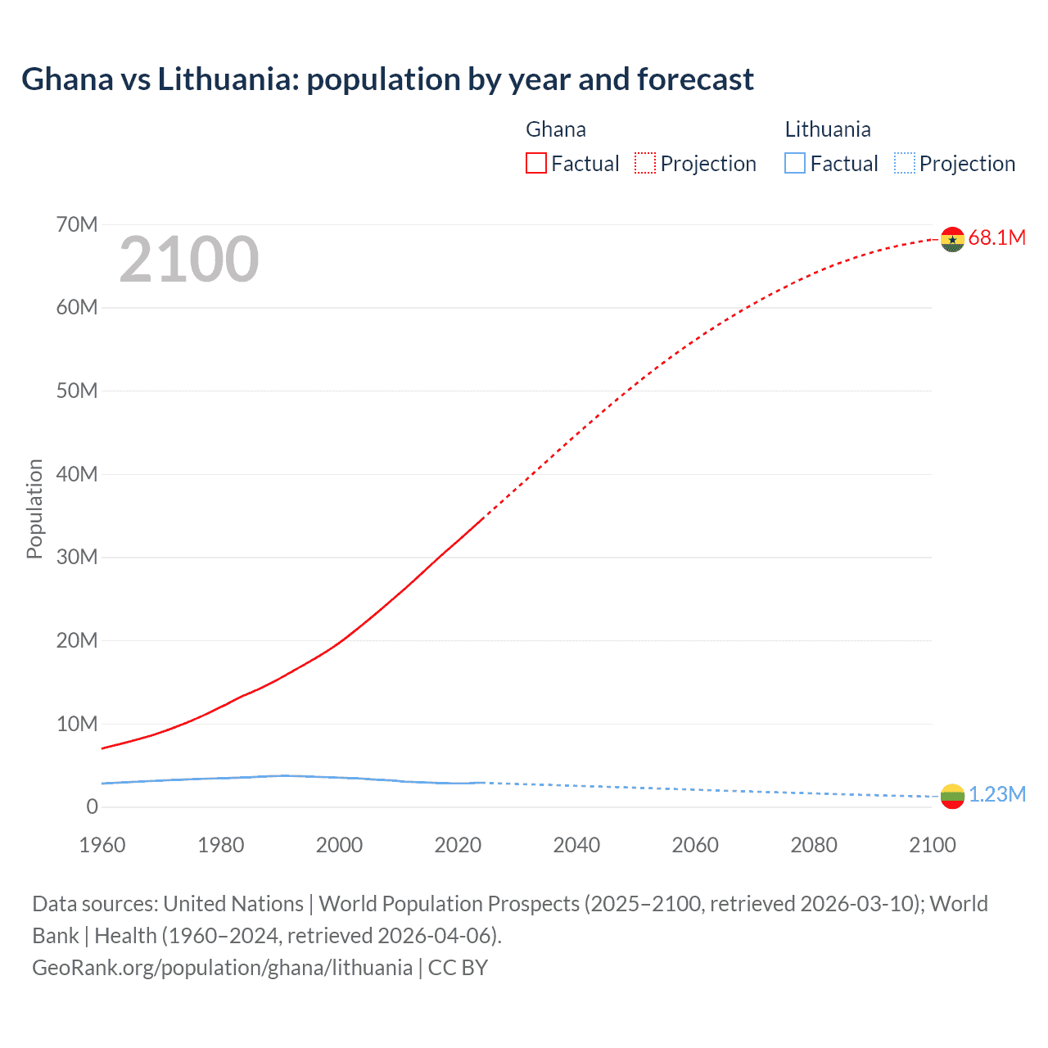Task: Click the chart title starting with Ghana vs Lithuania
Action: pyautogui.click(x=387, y=79)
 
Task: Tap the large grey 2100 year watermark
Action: pyautogui.click(x=189, y=260)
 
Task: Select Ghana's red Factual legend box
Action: pyautogui.click(x=536, y=163)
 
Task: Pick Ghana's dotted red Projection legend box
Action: pyautogui.click(x=645, y=163)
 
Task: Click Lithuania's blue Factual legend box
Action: pyautogui.click(x=795, y=163)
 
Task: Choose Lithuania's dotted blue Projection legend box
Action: pyautogui.click(x=905, y=163)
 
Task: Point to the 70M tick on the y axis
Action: pyautogui.click(x=77, y=224)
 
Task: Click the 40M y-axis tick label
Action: pyautogui.click(x=77, y=474)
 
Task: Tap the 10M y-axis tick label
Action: pyautogui.click(x=77, y=724)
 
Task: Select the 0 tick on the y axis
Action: pyautogui.click(x=92, y=806)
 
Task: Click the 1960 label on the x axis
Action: pyautogui.click(x=102, y=845)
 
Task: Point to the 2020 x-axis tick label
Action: pyautogui.click(x=458, y=845)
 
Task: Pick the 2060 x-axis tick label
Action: pyautogui.click(x=695, y=845)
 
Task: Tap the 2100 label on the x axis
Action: pyautogui.click(x=932, y=845)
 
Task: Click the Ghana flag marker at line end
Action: pyautogui.click(x=952, y=239)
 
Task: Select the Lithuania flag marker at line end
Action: pyautogui.click(x=952, y=796)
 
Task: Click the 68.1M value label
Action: pyautogui.click(x=996, y=237)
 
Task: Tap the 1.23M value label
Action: pyautogui.click(x=997, y=794)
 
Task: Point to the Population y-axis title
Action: pyautogui.click(x=34, y=508)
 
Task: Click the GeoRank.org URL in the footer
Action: pyautogui.click(x=222, y=968)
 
